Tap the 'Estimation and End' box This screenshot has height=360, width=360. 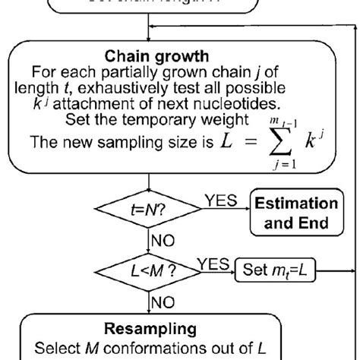pos(295,213)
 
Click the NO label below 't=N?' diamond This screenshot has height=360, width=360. pos(163,242)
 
